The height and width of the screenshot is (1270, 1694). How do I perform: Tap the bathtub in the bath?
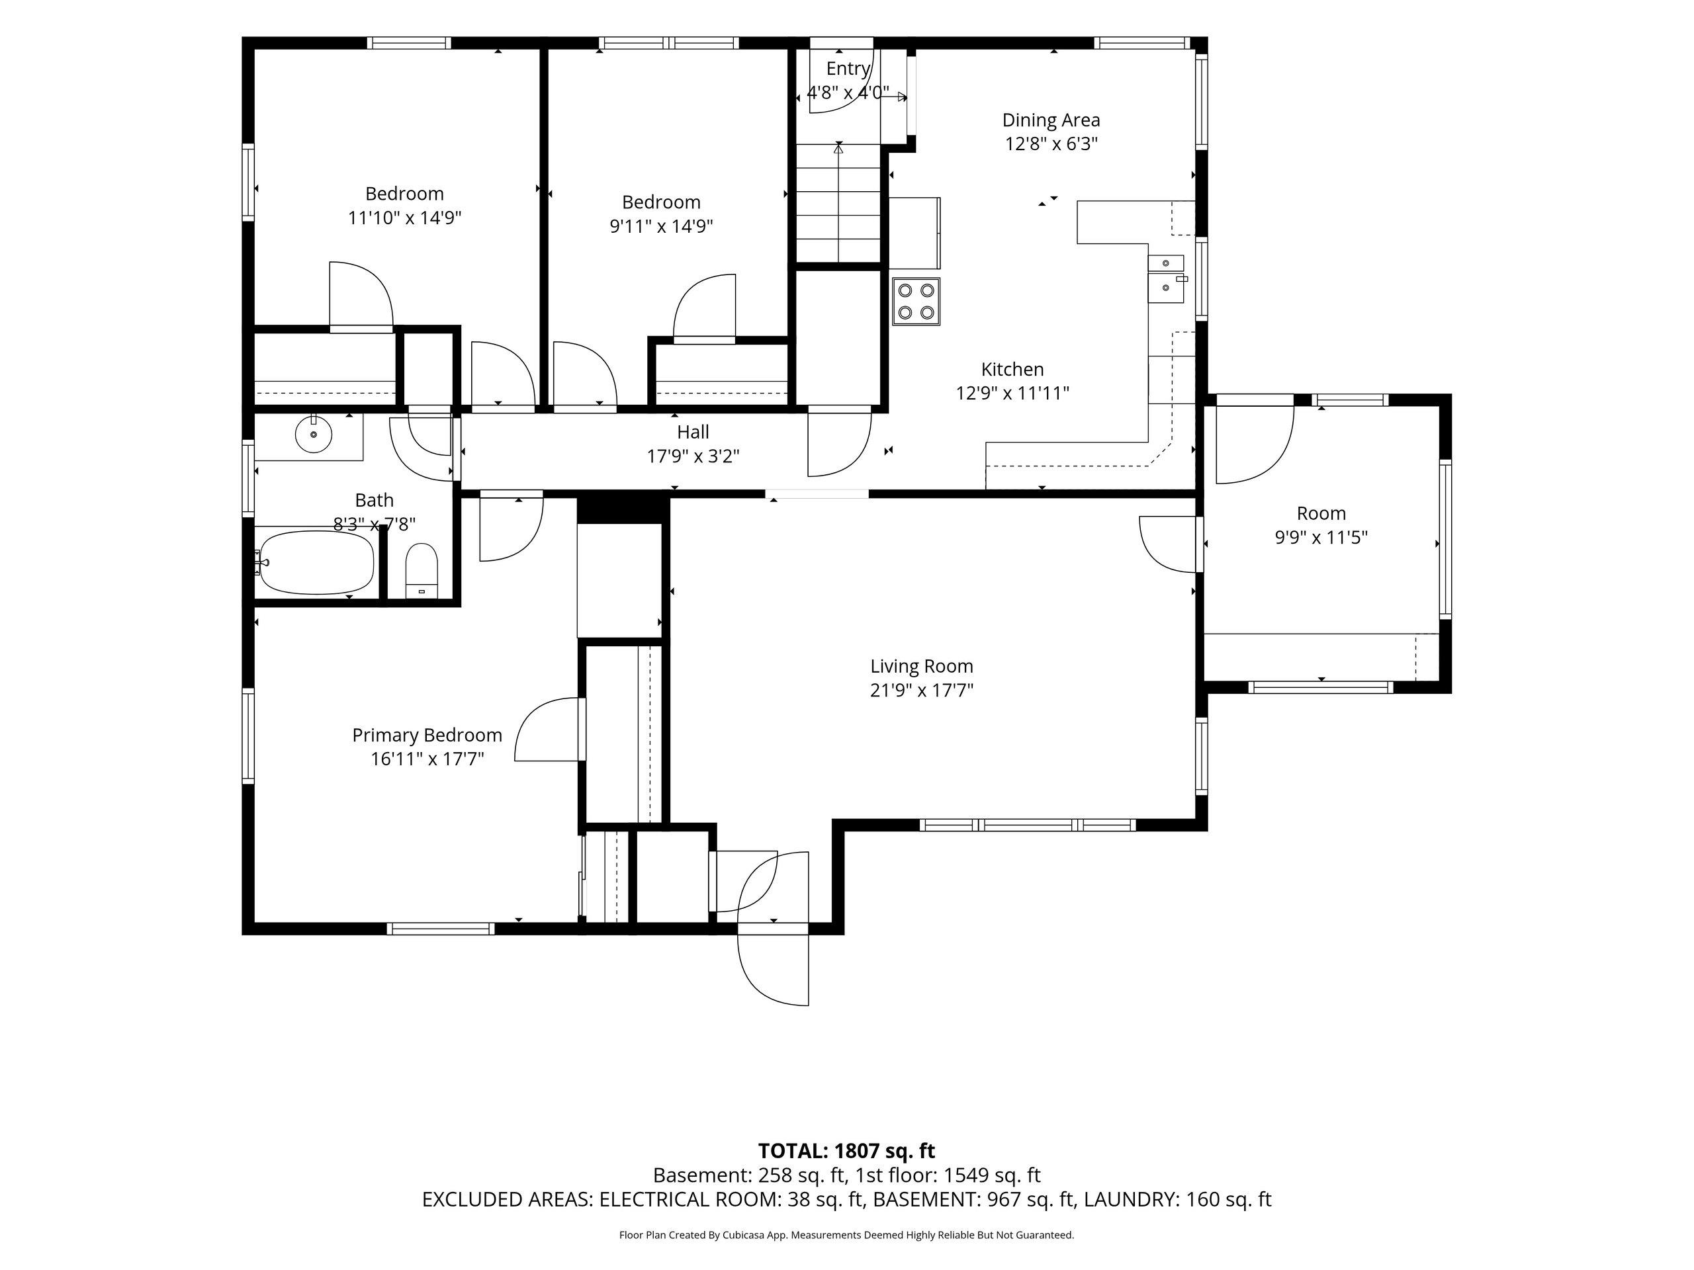point(317,563)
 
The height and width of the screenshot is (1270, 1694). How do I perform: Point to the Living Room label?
point(921,666)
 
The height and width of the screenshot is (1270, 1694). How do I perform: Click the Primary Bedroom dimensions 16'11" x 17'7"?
point(427,759)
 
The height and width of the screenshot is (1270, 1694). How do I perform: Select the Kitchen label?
point(1012,369)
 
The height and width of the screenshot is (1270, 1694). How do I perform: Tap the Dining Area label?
point(1051,120)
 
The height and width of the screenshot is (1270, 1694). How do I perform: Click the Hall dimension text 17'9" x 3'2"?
point(693,456)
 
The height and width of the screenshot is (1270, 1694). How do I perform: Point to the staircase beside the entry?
point(838,203)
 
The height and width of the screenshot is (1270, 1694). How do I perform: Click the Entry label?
point(848,69)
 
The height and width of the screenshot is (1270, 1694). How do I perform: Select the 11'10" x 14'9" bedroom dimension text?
point(404,218)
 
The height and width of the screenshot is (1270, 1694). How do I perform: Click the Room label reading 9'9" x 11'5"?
point(1321,537)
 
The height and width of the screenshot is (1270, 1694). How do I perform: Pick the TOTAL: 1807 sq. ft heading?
point(846,1150)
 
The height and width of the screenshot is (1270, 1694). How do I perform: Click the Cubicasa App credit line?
point(846,1235)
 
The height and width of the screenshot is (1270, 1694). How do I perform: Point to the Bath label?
point(375,500)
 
